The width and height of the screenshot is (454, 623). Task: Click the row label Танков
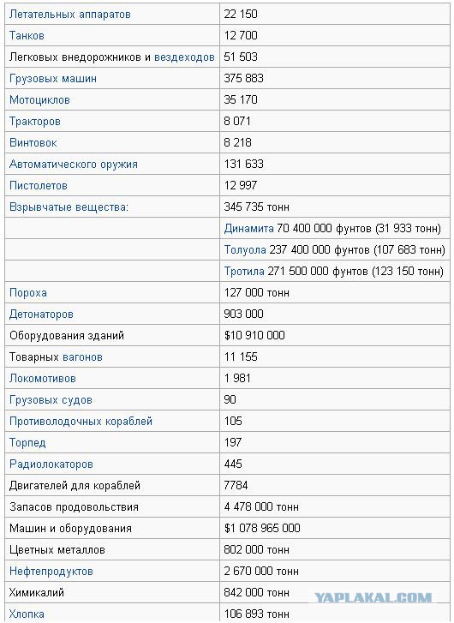(x=27, y=36)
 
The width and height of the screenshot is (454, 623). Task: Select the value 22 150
(x=241, y=15)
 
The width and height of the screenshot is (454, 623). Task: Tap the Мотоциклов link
(x=39, y=100)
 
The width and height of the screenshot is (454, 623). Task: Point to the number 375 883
(x=244, y=79)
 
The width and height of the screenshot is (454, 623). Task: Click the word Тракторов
(x=34, y=122)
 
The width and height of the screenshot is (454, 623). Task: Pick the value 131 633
(x=244, y=165)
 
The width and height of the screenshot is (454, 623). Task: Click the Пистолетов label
(x=38, y=186)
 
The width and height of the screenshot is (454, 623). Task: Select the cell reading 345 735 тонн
(x=257, y=207)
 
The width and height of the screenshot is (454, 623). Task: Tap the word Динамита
(x=248, y=229)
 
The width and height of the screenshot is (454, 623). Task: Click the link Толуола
(x=245, y=250)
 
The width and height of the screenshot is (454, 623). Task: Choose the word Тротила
(x=245, y=272)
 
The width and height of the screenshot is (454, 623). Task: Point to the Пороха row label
(x=27, y=293)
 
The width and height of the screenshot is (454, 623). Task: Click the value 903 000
(x=244, y=314)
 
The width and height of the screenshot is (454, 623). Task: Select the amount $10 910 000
(x=254, y=336)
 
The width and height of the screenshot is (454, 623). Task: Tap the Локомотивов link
(x=42, y=379)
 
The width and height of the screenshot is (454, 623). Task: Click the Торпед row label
(x=27, y=443)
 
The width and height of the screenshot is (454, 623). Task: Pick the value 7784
(x=237, y=486)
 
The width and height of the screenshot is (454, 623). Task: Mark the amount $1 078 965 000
(x=262, y=529)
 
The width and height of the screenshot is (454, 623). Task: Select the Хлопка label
(x=27, y=614)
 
